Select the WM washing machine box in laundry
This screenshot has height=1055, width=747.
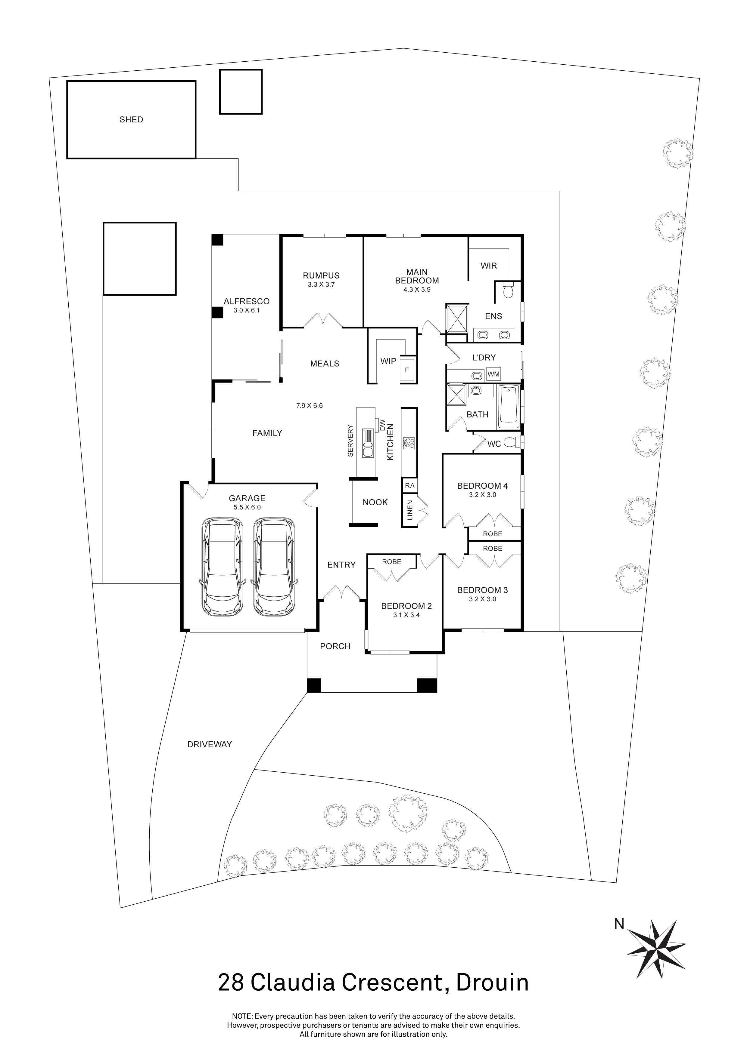pyautogui.click(x=493, y=374)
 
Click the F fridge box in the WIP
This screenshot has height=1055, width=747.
pyautogui.click(x=407, y=369)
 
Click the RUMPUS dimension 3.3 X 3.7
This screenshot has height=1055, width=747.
pyautogui.click(x=321, y=285)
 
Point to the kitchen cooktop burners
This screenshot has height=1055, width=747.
pyautogui.click(x=409, y=443)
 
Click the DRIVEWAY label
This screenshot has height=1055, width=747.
pyautogui.click(x=209, y=744)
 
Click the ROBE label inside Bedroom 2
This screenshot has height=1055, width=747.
pyautogui.click(x=391, y=562)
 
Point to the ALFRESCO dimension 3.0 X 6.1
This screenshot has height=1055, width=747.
pyautogui.click(x=247, y=311)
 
